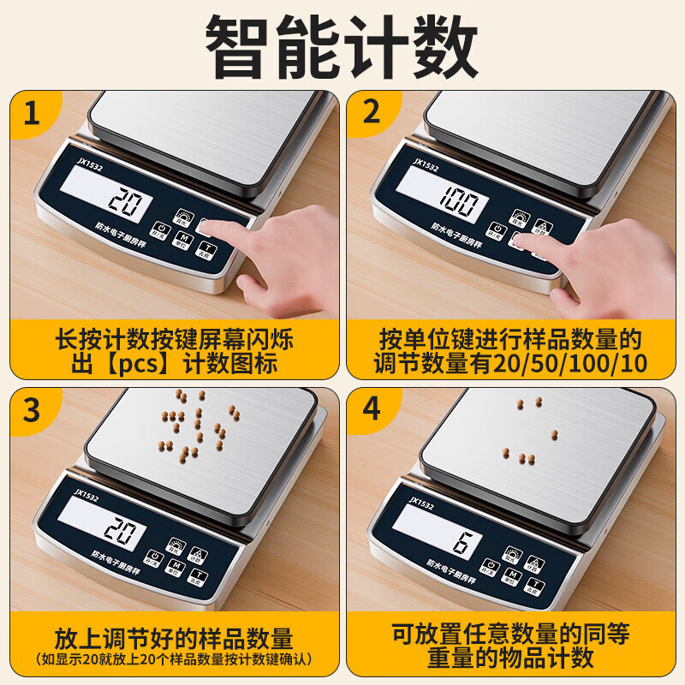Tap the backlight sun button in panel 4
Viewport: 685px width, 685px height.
coord(514,554)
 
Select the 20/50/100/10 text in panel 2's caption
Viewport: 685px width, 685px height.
coord(564,363)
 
